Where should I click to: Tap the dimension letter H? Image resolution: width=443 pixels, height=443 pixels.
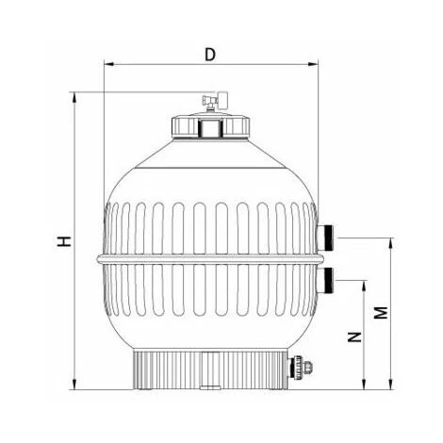(x=62, y=241)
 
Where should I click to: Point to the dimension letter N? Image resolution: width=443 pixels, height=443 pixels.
(x=356, y=336)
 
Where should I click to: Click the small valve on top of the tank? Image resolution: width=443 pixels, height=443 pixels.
(x=210, y=102)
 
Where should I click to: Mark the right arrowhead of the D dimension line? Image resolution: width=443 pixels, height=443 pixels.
(x=315, y=66)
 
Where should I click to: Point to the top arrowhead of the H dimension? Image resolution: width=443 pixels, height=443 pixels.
(x=73, y=95)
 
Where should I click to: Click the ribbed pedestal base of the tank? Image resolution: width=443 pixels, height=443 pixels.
(x=210, y=370)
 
